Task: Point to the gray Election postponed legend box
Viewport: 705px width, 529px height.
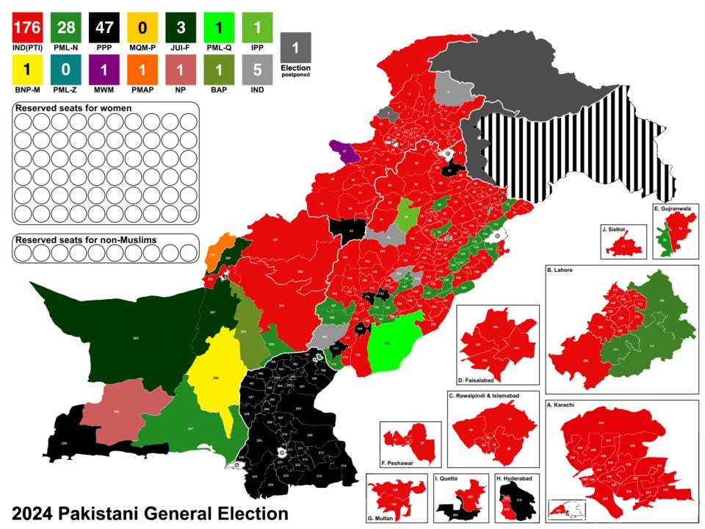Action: pos(295,51)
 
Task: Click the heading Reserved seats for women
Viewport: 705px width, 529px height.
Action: pos(73,109)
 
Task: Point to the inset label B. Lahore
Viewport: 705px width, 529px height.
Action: pos(560,270)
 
